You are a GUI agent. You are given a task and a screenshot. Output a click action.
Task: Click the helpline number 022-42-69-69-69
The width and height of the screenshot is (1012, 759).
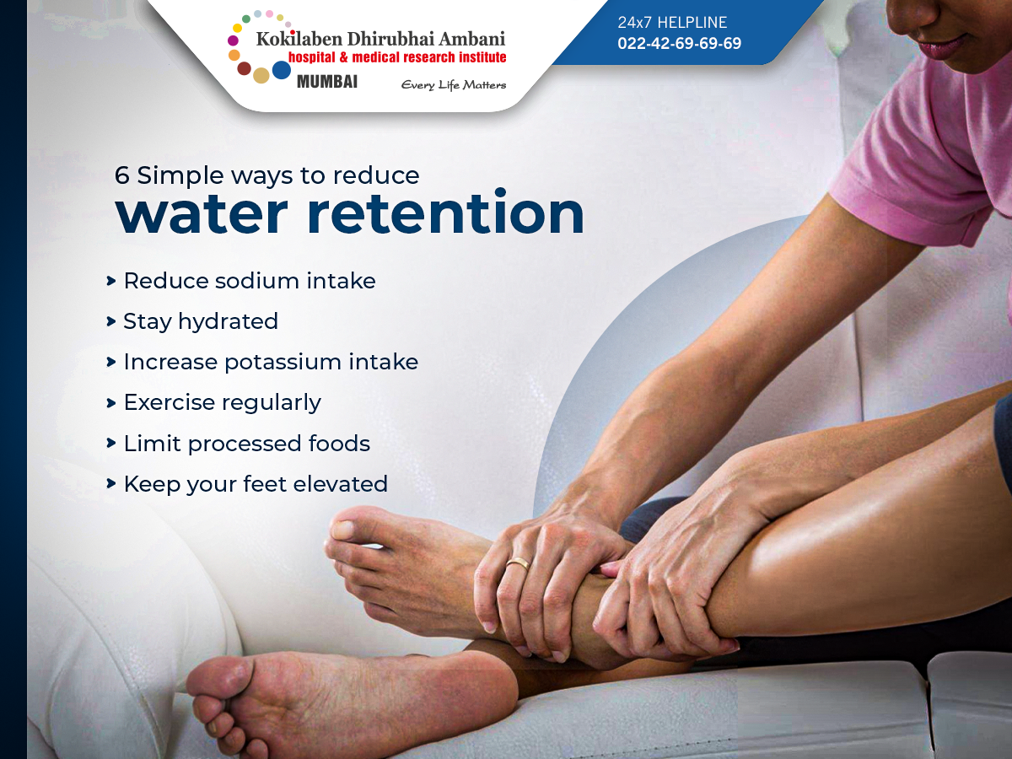coord(679,43)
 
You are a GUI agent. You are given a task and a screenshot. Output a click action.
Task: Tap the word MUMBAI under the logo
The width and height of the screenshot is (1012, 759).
coord(327,82)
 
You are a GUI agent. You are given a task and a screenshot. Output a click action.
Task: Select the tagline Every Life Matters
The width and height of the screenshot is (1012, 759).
coord(454,85)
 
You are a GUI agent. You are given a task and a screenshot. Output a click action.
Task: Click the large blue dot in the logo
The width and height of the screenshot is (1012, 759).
coord(281,70)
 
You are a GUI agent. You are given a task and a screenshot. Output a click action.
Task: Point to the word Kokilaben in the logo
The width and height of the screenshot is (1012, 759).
coord(299,39)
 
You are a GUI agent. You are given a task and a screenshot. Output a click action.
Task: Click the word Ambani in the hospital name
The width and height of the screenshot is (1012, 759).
coord(471,39)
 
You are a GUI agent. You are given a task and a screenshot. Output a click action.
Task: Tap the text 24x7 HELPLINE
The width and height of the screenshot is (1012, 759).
coord(672,22)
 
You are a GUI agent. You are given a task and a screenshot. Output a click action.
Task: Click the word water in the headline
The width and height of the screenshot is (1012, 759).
coord(202,214)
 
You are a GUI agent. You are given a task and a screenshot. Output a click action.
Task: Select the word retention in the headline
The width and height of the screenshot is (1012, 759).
coord(445,212)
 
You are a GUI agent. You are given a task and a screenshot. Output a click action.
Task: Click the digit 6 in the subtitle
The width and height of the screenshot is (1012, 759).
coord(121,175)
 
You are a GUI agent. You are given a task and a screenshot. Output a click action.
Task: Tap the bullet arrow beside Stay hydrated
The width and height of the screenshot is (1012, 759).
coord(110,321)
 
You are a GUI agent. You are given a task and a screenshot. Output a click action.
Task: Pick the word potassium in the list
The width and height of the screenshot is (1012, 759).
coord(282,363)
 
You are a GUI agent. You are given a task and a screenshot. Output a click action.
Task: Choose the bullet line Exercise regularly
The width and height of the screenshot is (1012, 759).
coord(214,403)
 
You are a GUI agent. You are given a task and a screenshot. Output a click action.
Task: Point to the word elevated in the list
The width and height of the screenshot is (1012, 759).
coord(340,484)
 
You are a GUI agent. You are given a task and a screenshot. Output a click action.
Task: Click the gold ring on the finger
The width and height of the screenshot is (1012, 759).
coord(518,564)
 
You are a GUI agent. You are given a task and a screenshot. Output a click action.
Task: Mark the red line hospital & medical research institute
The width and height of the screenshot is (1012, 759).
coord(397,57)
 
